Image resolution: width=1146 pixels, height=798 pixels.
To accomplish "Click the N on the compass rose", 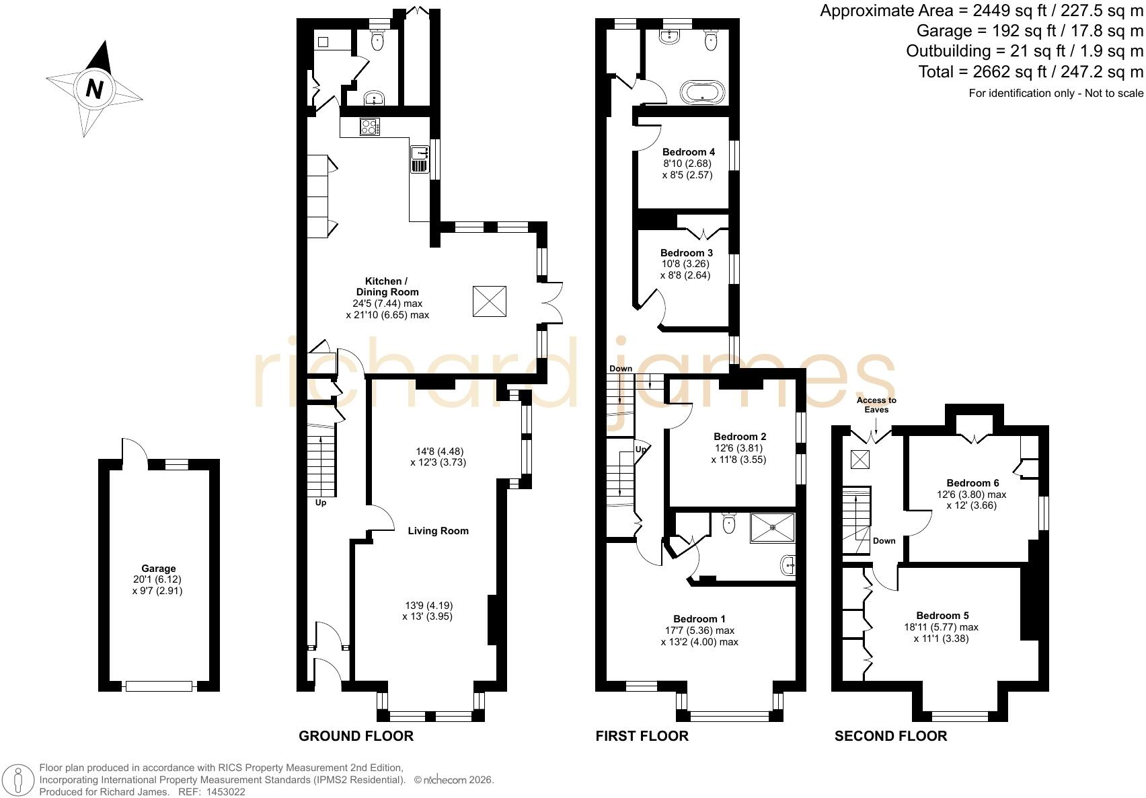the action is point(95,89).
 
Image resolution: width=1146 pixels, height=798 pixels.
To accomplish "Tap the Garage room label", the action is point(159,568).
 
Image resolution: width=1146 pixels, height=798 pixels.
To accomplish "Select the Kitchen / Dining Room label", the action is point(387,287).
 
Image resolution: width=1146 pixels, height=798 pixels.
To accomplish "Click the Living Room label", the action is point(438,531).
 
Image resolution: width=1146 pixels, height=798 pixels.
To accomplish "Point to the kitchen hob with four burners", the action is point(370,126).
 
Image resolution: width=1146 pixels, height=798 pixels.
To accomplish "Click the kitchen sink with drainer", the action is point(420,159).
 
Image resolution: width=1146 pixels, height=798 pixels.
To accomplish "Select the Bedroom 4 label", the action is point(689,152).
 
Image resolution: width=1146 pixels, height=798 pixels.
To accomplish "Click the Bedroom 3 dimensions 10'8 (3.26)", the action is point(685,264).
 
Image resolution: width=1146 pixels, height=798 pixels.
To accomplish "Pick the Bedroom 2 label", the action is point(740,437).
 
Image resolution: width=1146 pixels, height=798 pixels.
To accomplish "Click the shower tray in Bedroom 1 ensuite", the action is point(773,528).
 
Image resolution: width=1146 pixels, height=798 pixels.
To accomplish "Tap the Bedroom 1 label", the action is point(699,619).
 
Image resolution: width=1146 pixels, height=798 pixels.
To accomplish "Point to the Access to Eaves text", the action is point(876,405).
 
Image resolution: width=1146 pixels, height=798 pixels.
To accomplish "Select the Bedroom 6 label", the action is point(972,483).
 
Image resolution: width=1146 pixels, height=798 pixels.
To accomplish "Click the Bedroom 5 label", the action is point(942,616).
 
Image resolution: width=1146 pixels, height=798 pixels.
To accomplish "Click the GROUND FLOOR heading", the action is point(356,736).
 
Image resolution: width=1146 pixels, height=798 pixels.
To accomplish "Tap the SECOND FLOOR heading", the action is point(890,736).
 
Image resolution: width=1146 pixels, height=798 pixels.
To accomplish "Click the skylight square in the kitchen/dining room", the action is point(490,301).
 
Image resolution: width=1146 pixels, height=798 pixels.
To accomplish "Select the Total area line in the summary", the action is point(1030,72).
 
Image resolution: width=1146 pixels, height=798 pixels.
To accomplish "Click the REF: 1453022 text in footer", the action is point(211,792).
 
